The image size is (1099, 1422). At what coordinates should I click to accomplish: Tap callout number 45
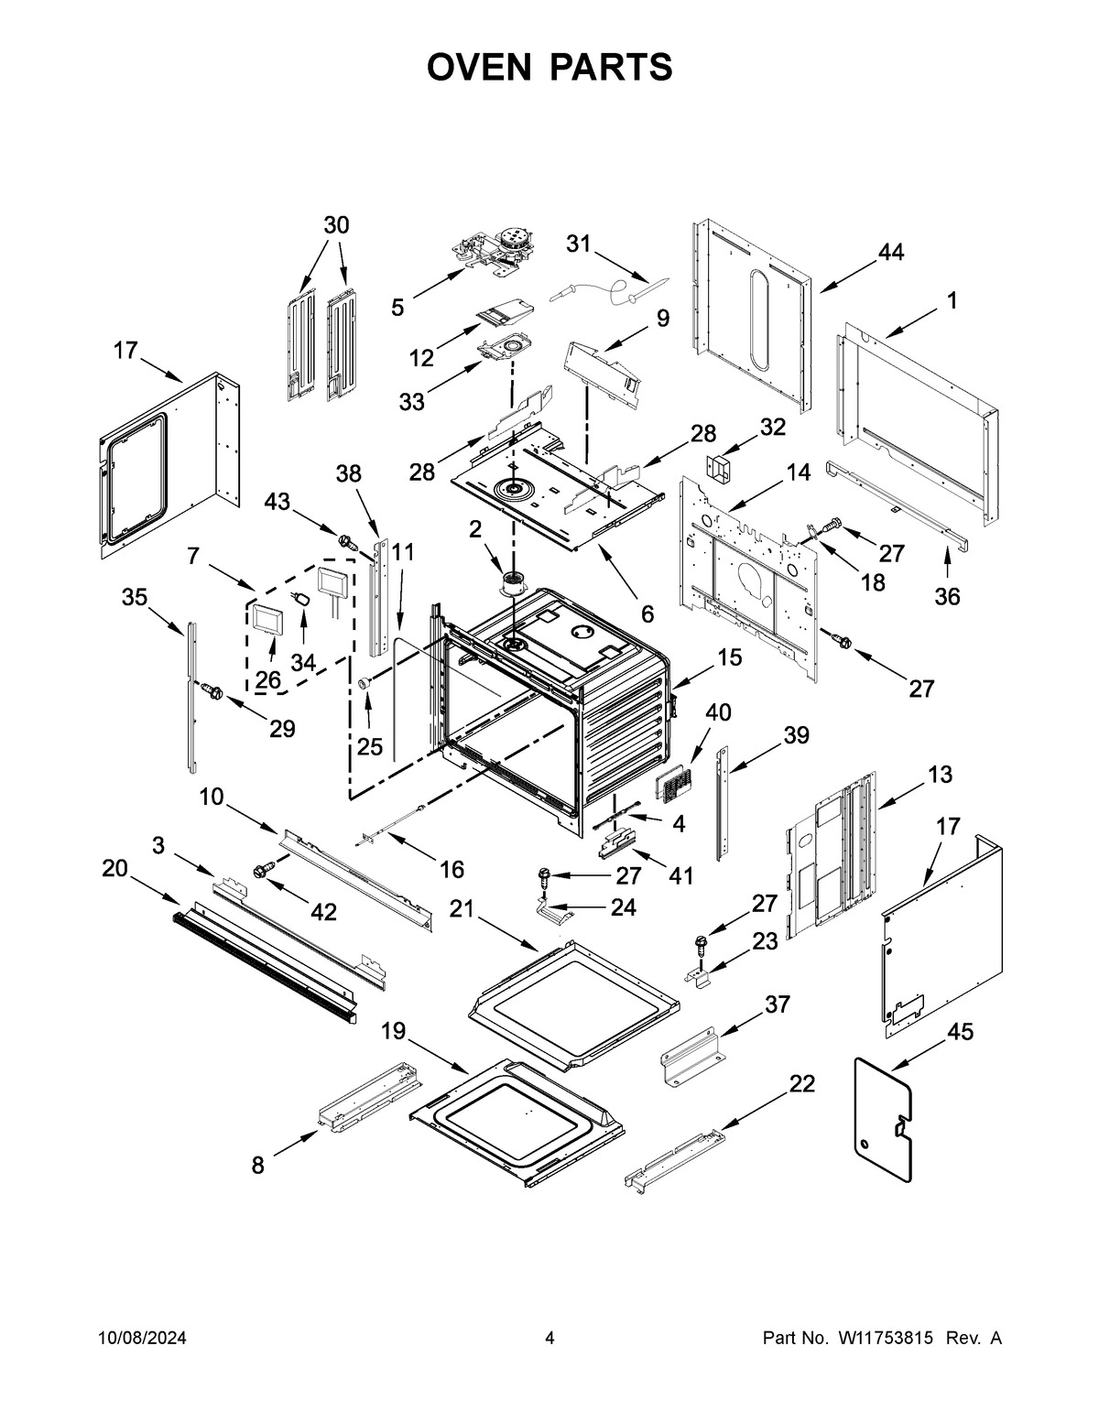[x=960, y=1032]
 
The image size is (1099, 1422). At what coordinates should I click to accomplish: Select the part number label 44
[x=890, y=253]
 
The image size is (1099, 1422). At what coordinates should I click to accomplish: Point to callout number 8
[x=258, y=1166]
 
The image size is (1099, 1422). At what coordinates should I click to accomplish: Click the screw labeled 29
[x=212, y=691]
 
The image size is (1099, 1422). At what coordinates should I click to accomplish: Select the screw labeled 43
[x=347, y=540]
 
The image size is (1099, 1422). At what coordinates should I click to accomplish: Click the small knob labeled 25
[x=365, y=682]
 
